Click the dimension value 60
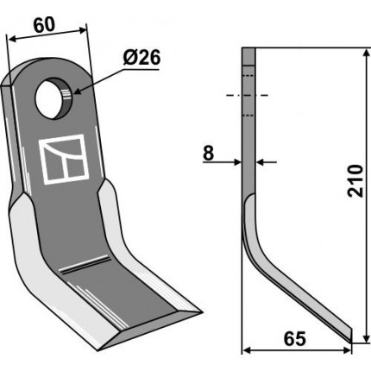tap(44, 25)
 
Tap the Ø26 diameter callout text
tap(141, 58)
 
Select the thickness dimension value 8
tap(208, 154)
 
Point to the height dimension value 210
tap(355, 180)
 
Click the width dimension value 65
tap(294, 339)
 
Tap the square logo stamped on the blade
tap(64, 159)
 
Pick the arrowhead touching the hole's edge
tap(77, 91)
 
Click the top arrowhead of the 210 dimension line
tap(366, 53)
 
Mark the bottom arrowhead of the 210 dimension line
tap(366, 338)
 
